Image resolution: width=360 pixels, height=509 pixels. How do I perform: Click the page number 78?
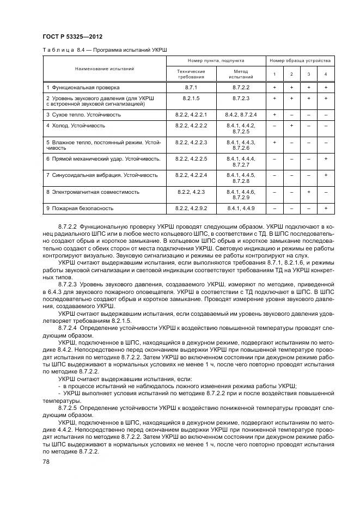46,461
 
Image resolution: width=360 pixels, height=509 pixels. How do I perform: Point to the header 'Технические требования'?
191,74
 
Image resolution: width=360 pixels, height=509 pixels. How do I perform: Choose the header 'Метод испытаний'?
241,74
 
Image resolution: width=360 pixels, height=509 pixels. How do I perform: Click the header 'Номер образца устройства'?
300,61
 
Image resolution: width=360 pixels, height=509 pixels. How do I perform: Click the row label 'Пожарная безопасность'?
80,208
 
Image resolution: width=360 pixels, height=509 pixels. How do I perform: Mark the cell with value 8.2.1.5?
191,98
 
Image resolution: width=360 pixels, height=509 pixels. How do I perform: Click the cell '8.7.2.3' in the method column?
241,98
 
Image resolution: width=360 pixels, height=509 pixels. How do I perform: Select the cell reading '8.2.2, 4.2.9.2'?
191,208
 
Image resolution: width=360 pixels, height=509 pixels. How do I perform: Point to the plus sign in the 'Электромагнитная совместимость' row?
308,192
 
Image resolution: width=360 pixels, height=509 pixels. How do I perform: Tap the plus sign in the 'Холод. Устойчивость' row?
291,126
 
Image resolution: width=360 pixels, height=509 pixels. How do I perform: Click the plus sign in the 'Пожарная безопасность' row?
326,208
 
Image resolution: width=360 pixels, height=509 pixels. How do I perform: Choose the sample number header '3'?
308,74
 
